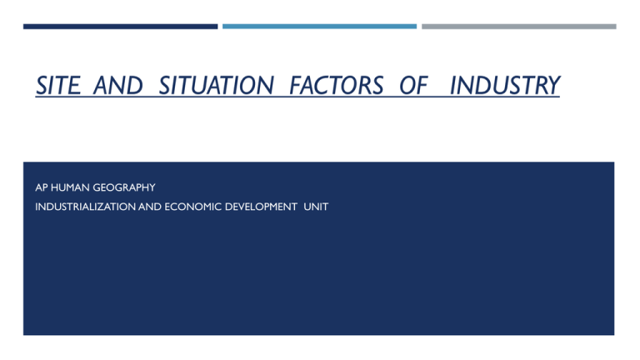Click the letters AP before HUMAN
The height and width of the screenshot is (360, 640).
point(42,189)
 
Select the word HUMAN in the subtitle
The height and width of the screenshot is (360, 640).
point(72,189)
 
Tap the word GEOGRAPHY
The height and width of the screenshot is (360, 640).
point(125,189)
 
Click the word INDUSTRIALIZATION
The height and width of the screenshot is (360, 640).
point(83,206)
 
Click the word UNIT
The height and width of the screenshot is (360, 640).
point(317,206)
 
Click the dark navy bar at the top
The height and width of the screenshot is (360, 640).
point(120,26)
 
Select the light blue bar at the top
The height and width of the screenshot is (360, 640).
point(319,26)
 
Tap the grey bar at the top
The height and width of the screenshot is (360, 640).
point(518,26)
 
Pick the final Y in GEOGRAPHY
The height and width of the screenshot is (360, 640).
point(152,189)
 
